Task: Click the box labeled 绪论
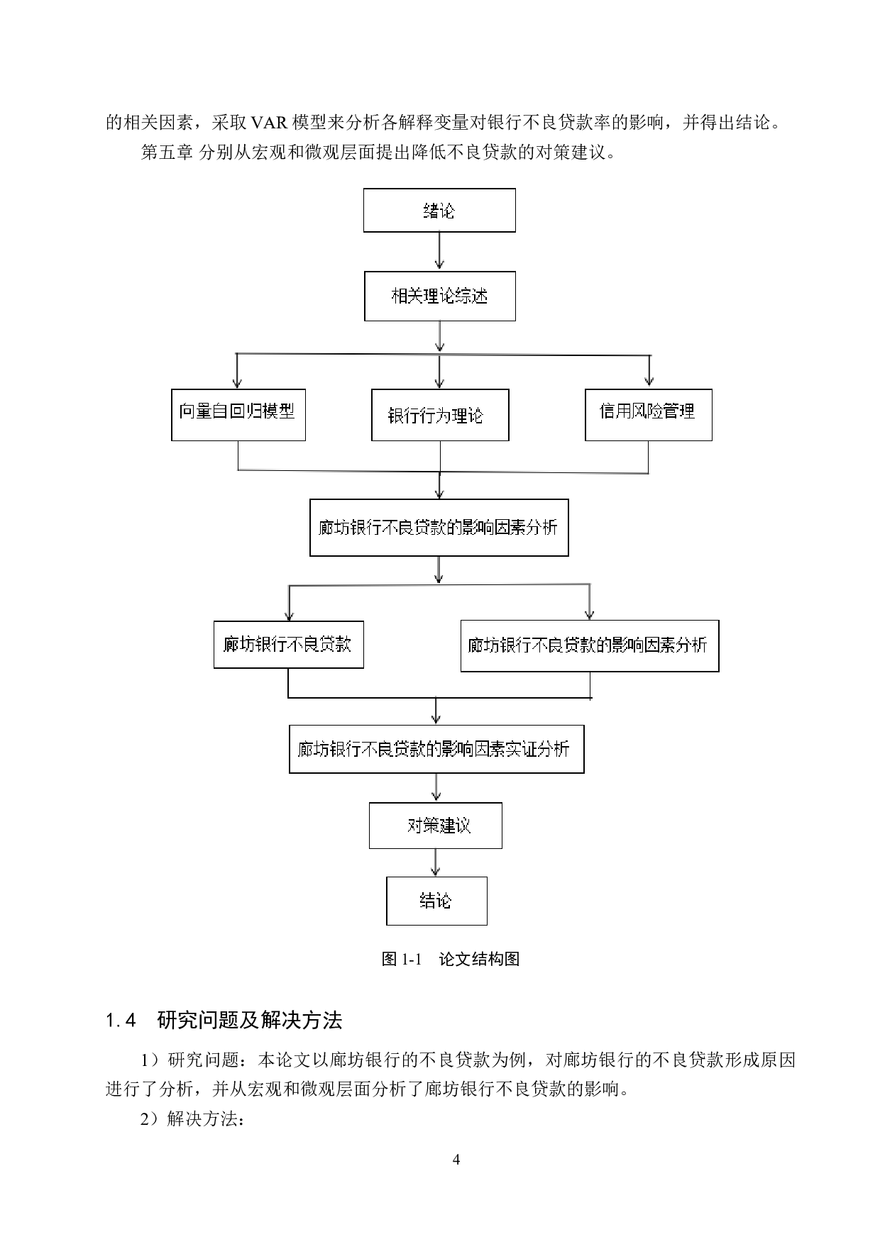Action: coord(439,210)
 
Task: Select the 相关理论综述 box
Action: coord(439,296)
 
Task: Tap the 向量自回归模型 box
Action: coord(238,415)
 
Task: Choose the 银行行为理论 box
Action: coord(440,415)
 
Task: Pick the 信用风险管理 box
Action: coord(648,415)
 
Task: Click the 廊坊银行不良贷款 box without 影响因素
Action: coord(288,645)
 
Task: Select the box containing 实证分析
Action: coord(436,749)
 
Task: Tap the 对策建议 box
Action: coord(435,826)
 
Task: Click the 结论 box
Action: coord(436,901)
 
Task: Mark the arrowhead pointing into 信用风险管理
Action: coord(649,381)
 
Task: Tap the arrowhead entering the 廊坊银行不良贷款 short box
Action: coord(289,615)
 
